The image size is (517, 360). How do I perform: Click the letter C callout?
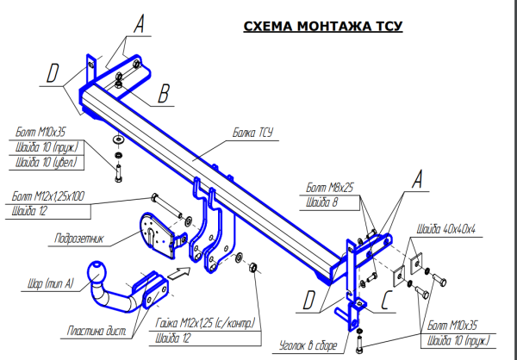point(387,302)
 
